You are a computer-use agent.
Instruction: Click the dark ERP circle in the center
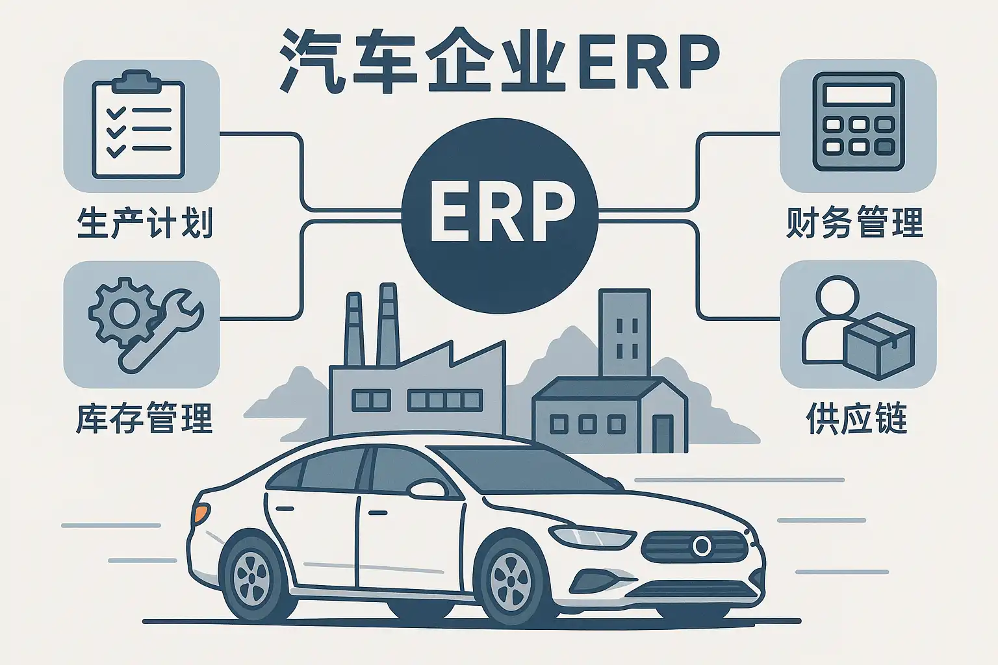(500, 216)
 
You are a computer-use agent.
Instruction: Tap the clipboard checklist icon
(138, 125)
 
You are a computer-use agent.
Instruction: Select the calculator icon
(858, 121)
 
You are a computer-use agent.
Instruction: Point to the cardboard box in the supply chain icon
(880, 345)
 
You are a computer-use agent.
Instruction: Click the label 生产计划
(145, 223)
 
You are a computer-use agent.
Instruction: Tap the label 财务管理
(854, 222)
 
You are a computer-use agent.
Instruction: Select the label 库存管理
(144, 419)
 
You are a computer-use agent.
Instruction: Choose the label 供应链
(856, 419)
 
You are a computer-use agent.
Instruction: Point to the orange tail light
(201, 514)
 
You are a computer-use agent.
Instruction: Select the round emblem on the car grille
(702, 546)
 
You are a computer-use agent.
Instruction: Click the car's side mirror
(427, 488)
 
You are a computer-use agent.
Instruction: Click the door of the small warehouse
(663, 434)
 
